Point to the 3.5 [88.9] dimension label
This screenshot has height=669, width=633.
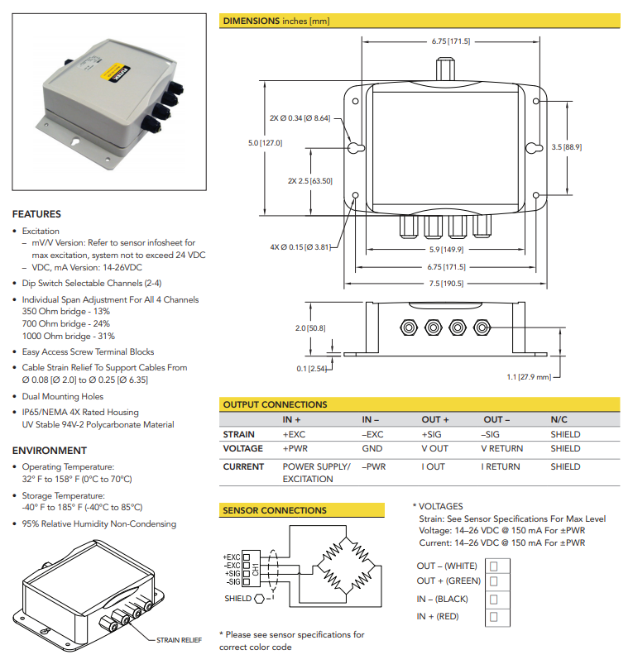566,147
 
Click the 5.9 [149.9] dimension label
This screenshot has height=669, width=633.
446,251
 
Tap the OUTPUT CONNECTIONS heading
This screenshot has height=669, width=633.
275,404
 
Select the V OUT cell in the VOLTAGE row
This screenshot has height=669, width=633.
434,449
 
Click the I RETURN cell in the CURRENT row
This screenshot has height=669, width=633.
501,467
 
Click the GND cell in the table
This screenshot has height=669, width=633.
372,449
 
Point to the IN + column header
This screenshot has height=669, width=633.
294,420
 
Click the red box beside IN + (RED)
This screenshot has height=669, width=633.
493,617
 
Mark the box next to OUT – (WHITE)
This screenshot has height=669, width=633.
493,566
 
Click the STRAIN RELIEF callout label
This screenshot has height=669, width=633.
180,640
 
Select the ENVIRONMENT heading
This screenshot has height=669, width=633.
49,451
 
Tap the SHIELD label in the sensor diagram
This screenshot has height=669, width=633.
238,598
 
